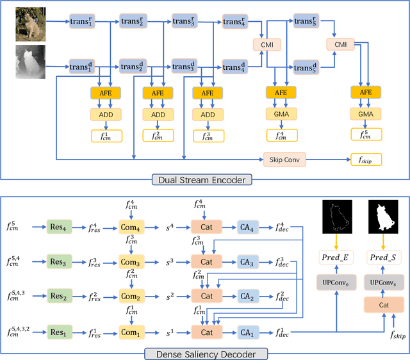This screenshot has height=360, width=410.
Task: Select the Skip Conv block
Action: (284, 159)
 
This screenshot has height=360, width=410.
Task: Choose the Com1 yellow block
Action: (130, 332)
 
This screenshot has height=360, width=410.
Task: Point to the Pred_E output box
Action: (335, 256)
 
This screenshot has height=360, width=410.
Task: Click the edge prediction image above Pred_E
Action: (336, 218)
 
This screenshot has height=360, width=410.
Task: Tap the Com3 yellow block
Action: (130, 261)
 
